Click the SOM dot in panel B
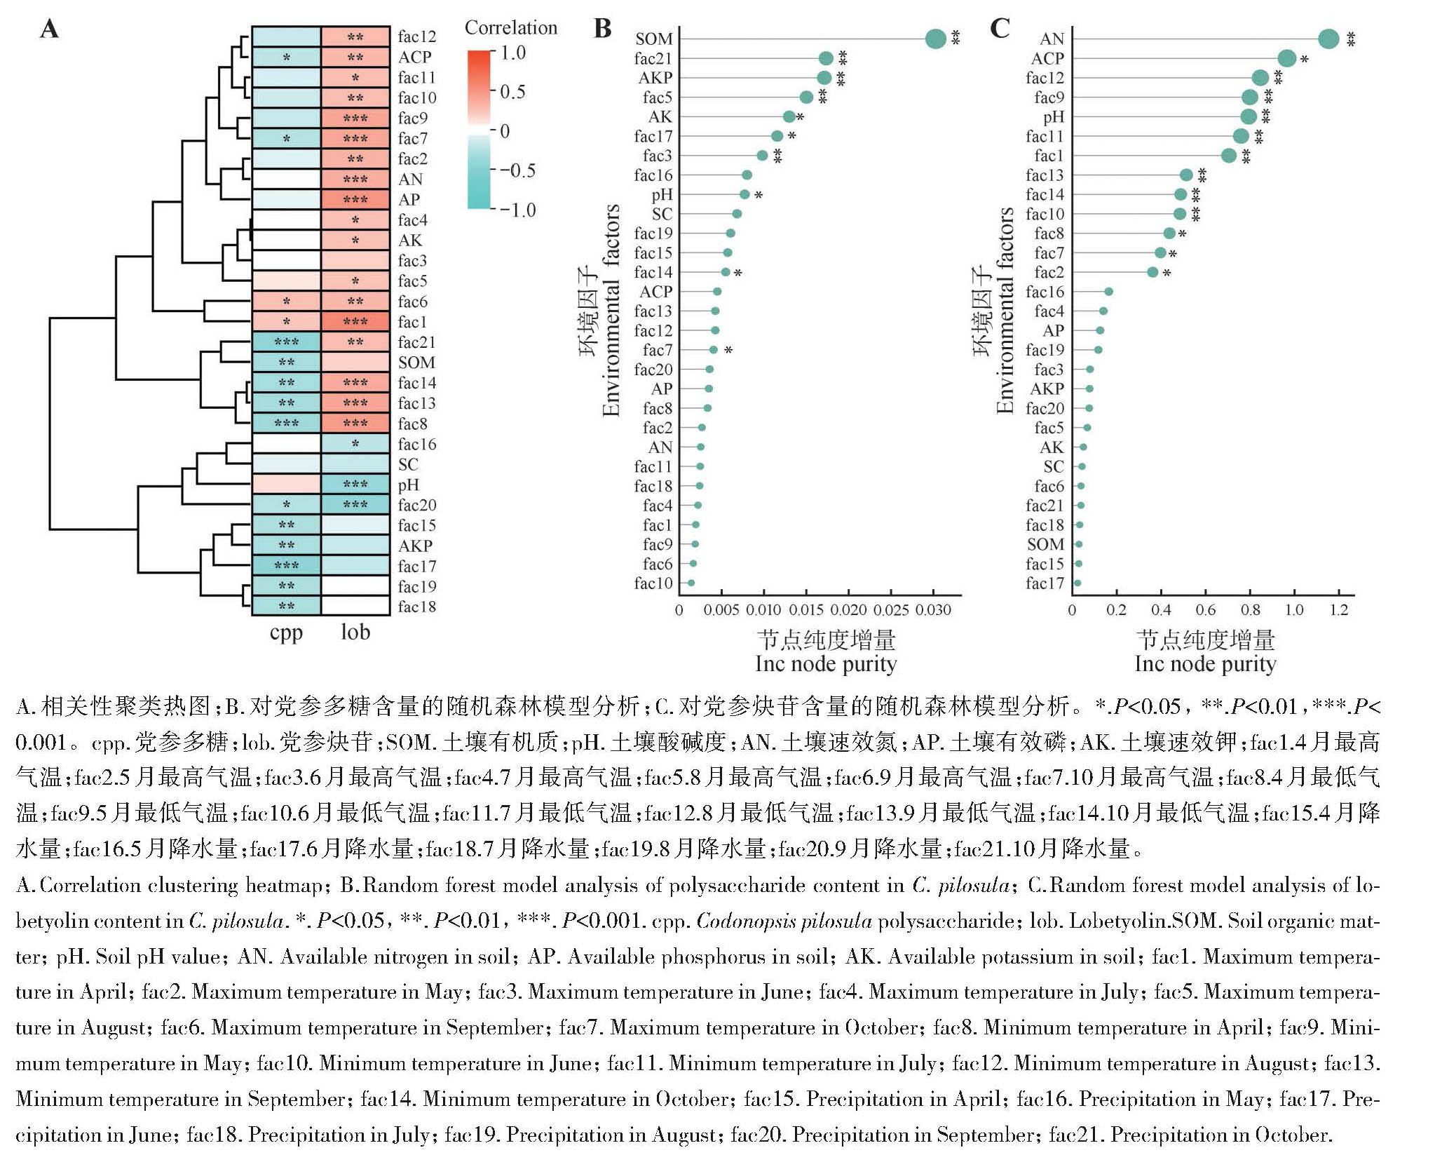935,39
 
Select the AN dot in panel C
1328,39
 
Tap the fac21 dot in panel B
826,58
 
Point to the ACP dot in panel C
1287,58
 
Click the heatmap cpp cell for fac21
287,342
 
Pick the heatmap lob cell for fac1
355,322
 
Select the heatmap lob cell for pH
355,485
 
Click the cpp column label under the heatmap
286,633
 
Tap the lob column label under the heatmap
355,633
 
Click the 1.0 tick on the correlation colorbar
513,53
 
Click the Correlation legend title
511,28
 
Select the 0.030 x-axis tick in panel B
934,610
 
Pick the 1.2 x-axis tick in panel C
1339,610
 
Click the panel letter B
603,29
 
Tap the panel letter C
1000,29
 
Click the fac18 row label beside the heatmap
417,607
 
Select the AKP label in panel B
655,78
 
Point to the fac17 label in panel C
1045,583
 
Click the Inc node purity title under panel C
1205,664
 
